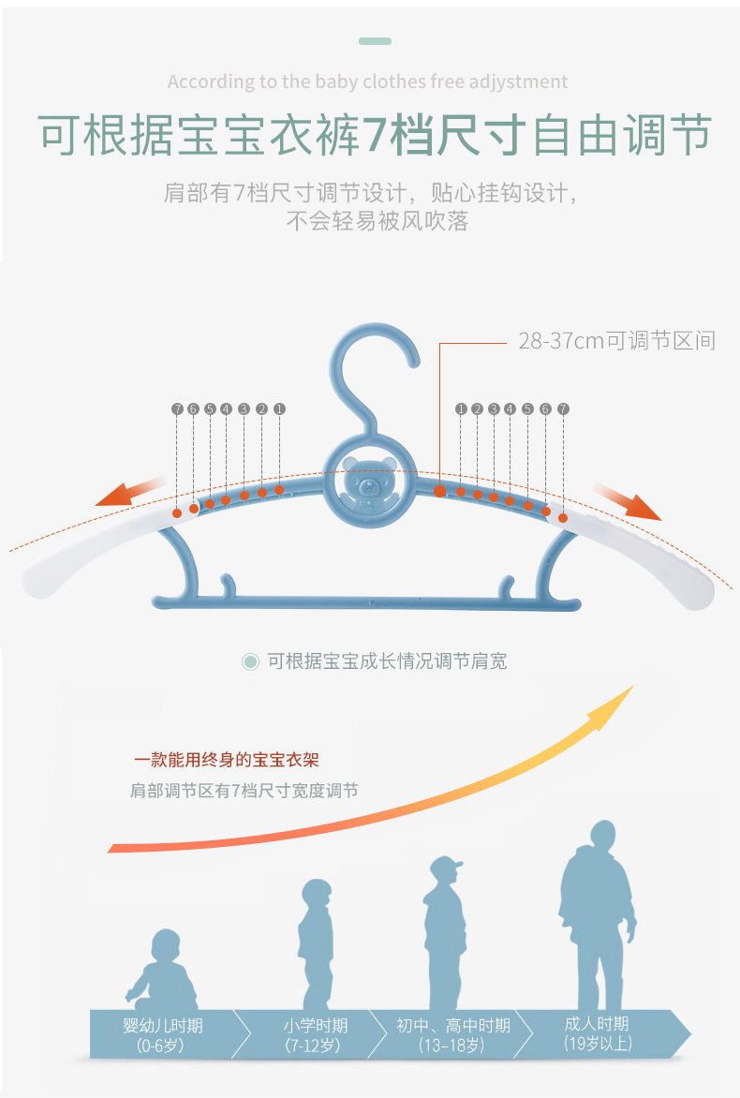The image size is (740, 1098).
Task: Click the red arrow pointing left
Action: pos(131,492)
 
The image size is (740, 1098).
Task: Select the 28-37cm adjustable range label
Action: pos(616,341)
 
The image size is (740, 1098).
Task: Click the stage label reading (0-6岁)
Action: pos(162,1045)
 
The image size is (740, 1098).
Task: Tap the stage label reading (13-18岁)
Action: pos(453,1045)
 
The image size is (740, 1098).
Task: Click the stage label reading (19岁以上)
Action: pos(597,1043)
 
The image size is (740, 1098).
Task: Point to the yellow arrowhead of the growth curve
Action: pos(611,707)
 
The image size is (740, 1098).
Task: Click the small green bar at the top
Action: pos(375,42)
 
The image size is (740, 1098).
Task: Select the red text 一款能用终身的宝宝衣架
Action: pos(232,760)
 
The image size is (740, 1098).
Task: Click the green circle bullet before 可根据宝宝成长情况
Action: pos(250,661)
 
